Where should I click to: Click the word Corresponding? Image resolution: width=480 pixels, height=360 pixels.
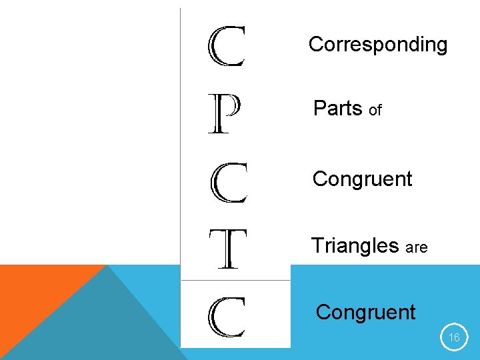[x=377, y=45]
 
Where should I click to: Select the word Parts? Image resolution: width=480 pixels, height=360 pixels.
[x=337, y=108]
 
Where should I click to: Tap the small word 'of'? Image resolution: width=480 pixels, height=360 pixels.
[x=375, y=111]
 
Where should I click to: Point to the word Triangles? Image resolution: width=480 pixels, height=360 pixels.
[x=355, y=246]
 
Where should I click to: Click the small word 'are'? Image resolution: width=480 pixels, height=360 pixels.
[x=416, y=248]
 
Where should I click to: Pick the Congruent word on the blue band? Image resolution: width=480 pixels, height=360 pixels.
[x=365, y=312]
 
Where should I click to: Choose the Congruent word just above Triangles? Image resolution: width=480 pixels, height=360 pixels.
[x=362, y=179]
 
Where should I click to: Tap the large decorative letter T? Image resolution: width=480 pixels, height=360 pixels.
[x=227, y=249]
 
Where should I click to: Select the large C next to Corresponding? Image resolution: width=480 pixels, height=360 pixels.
[x=227, y=47]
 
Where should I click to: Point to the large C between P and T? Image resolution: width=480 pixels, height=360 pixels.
[x=229, y=183]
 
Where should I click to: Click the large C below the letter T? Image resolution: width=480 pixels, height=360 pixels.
[x=227, y=317]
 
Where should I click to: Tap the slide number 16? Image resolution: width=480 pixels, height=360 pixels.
[x=454, y=338]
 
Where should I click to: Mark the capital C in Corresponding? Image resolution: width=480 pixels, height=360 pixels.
[x=315, y=45]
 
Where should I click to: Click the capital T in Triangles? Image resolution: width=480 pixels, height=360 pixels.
[x=316, y=245]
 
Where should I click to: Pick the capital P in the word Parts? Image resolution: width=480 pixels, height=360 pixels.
[x=319, y=108]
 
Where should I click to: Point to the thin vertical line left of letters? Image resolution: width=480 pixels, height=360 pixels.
[x=181, y=167]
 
